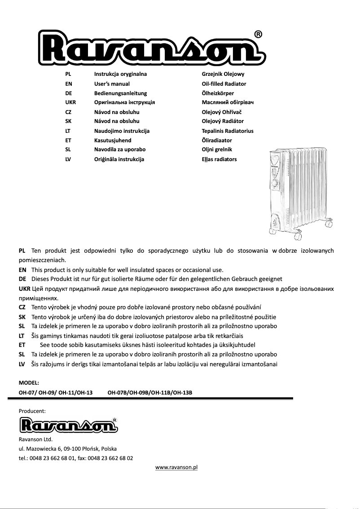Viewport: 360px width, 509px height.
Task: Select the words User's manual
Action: coord(112,84)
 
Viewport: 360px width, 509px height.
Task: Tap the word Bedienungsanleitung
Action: coord(120,93)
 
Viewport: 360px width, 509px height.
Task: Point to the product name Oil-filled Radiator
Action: coord(224,84)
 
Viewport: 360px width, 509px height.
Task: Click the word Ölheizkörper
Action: coord(218,93)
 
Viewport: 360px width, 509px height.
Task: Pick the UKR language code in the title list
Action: coord(70,102)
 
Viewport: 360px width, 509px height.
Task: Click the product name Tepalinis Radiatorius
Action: coord(228,131)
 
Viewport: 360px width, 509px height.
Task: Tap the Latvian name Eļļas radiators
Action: coord(219,159)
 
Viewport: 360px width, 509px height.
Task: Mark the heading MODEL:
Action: coord(29,383)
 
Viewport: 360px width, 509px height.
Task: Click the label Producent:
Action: coord(32,411)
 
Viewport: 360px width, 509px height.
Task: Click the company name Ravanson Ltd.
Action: coord(35,439)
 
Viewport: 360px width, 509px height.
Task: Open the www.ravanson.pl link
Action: coord(176,468)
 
